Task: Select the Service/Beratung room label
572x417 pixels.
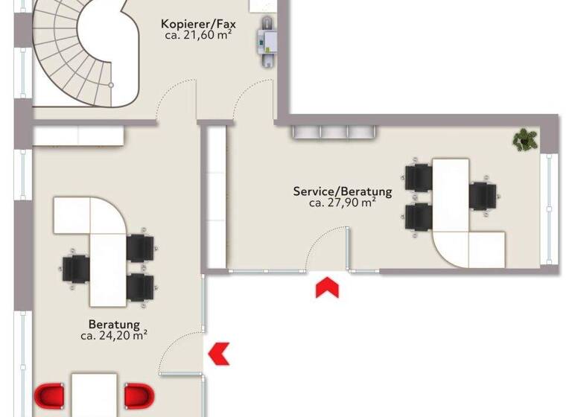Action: (342, 191)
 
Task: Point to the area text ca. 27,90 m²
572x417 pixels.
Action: (342, 202)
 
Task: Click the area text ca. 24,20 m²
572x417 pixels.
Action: (114, 335)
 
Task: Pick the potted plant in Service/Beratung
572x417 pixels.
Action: (526, 139)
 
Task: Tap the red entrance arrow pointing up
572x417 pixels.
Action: (325, 287)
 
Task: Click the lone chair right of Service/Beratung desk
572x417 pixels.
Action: (483, 195)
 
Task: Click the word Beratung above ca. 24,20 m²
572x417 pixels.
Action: (114, 324)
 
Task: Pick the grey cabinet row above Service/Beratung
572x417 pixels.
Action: (333, 132)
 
